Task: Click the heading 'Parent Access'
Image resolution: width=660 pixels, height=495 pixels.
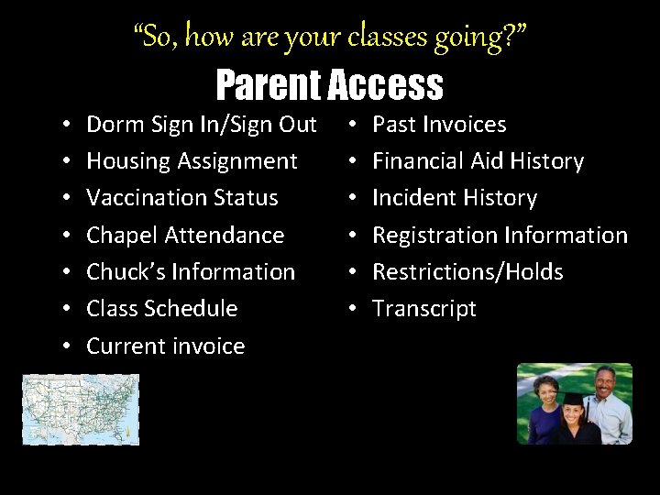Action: coord(329,85)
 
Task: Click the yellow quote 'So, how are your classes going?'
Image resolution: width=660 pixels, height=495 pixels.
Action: coord(329,36)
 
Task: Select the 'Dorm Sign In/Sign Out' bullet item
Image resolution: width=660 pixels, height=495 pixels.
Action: coord(201,124)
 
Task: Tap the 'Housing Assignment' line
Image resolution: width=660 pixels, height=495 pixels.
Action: coord(192,161)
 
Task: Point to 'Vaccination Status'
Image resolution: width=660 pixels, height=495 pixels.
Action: coord(181,198)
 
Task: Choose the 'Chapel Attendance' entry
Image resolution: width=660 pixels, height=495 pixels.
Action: coord(185,236)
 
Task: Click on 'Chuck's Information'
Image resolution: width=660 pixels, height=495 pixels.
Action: coord(191,272)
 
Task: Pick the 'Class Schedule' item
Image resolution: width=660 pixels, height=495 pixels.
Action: coord(161,309)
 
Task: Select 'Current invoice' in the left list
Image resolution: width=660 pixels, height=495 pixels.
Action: coord(165,346)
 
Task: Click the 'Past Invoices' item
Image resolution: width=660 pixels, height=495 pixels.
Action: coord(438,124)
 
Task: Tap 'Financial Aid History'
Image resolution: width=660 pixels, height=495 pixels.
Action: coord(478,161)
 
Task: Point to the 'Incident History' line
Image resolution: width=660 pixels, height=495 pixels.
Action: coord(454,198)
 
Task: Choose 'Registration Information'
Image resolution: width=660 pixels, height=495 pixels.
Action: coord(500,236)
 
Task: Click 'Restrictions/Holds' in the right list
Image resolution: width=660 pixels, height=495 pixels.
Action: coord(467,272)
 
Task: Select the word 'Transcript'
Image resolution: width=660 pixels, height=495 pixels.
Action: coord(423,309)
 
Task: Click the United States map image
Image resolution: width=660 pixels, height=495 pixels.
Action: coord(81,409)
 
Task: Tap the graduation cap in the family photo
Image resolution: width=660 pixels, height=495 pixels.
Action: coord(573,400)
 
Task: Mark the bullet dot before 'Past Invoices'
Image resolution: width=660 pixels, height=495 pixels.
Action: coord(354,125)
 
